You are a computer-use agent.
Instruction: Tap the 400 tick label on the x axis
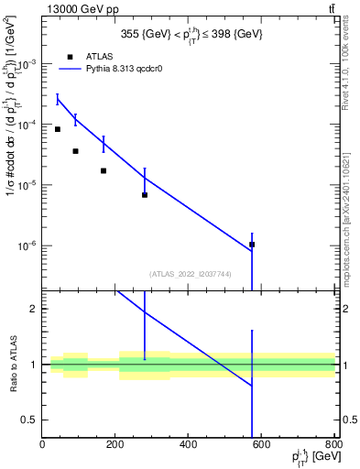click(x=189, y=445)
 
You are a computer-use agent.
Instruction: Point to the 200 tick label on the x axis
click(x=115, y=445)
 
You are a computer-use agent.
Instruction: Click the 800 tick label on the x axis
click(x=334, y=445)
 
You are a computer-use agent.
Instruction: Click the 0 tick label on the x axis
click(x=43, y=445)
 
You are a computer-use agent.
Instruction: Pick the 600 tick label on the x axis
click(x=262, y=445)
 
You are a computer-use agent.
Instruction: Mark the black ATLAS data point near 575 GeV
click(x=252, y=245)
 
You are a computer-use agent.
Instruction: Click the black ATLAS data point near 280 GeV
click(x=145, y=195)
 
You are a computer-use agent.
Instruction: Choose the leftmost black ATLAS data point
click(x=58, y=129)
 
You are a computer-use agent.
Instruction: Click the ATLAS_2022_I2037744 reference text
click(x=189, y=274)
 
